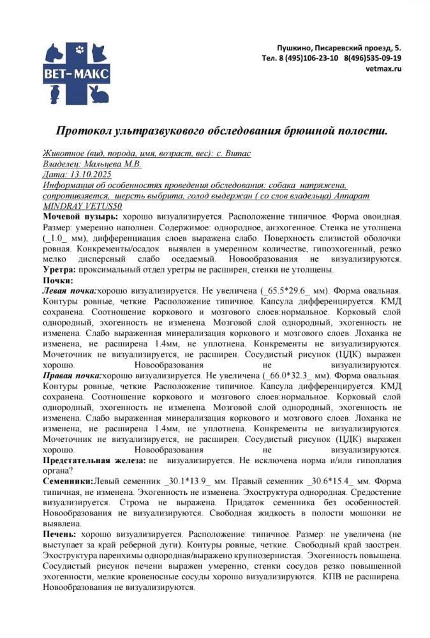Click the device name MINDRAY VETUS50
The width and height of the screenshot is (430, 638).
click(81, 206)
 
